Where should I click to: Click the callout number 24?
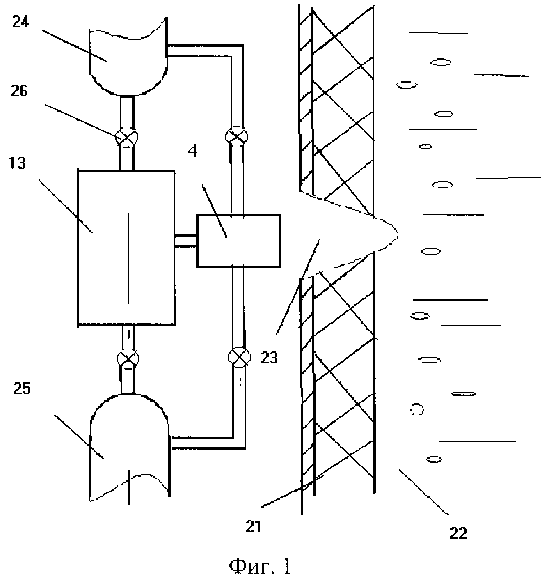(x=20, y=22)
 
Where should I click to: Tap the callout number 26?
(x=19, y=92)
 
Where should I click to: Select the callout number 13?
(x=17, y=163)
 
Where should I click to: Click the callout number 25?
(x=22, y=388)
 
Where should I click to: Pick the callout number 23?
(x=269, y=358)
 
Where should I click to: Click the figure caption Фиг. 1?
(x=260, y=567)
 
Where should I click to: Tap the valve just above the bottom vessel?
(x=127, y=358)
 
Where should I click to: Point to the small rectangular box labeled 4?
(x=238, y=241)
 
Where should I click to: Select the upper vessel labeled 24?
(x=128, y=57)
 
